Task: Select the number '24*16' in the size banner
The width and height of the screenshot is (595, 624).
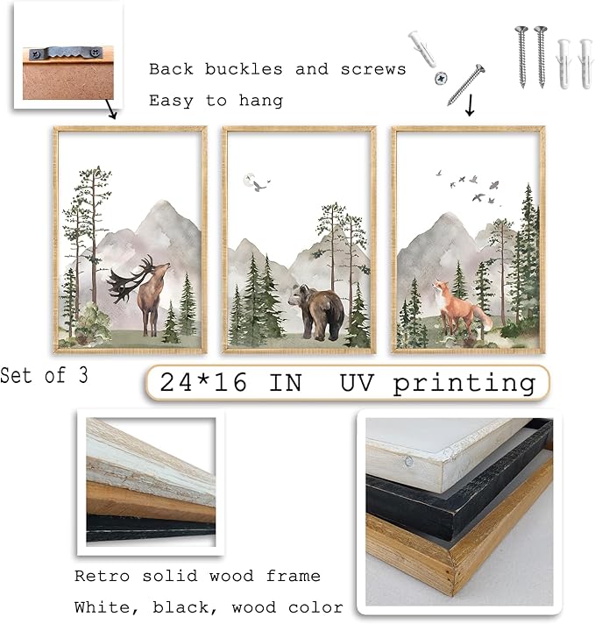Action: coord(201,382)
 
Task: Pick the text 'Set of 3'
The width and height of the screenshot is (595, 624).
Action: coord(44,375)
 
